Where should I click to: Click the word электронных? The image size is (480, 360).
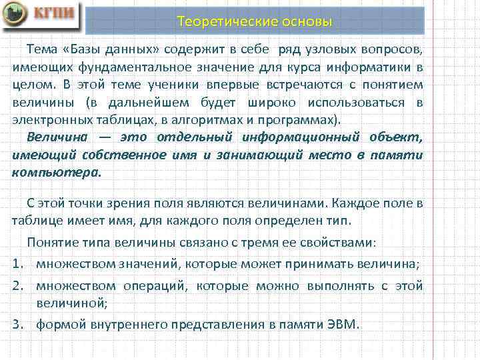tap(47, 120)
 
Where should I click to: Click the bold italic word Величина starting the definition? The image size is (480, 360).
tap(55, 137)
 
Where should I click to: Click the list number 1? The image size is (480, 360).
tap(17, 263)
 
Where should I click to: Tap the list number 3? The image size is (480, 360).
tap(17, 325)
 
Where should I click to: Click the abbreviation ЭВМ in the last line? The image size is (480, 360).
tap(342, 325)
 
